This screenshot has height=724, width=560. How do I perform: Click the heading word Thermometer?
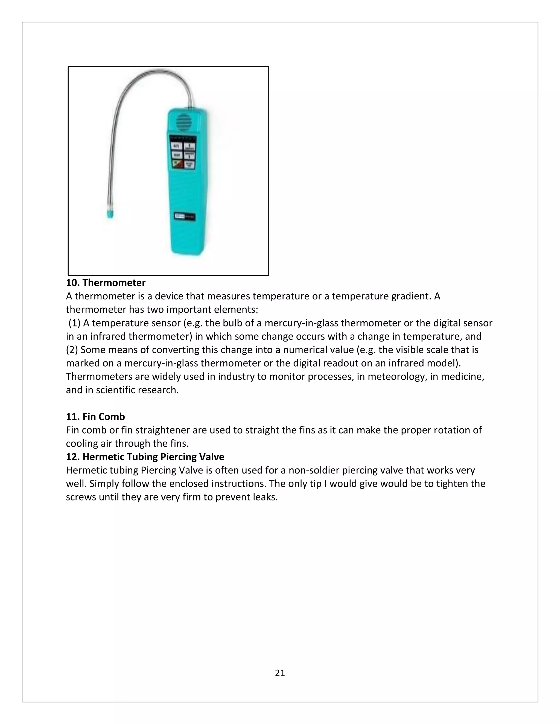click(114, 283)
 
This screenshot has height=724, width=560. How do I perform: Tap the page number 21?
click(280, 673)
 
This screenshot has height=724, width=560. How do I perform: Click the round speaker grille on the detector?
click(183, 122)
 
